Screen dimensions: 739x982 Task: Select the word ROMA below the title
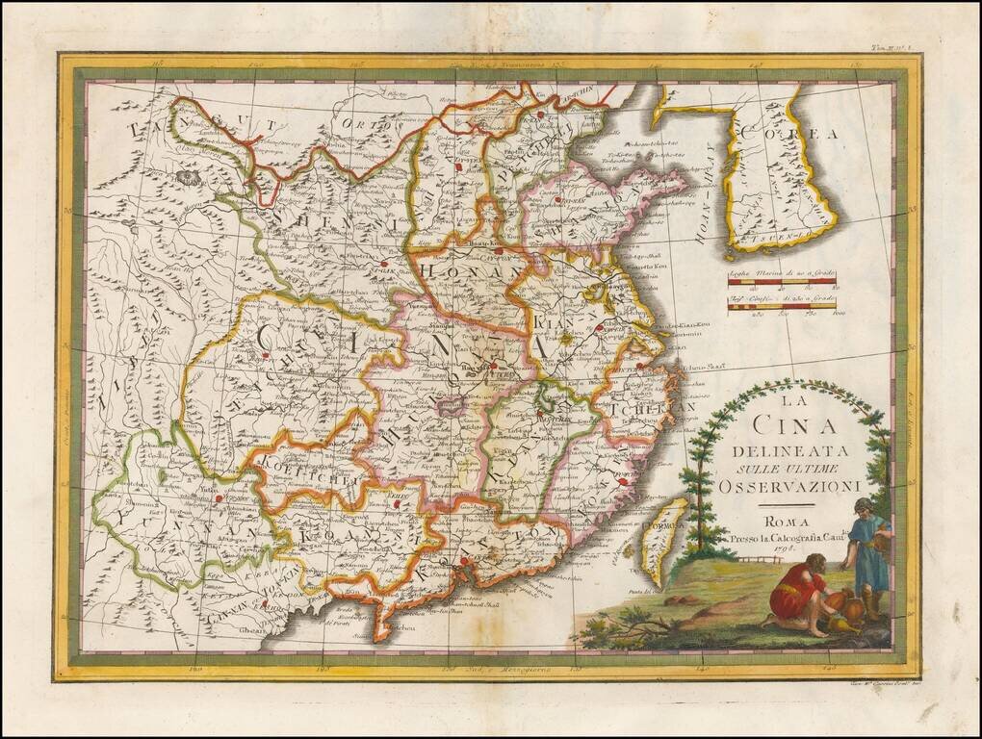783,522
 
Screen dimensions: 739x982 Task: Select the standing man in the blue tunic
869,553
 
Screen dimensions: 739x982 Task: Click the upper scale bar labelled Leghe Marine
781,281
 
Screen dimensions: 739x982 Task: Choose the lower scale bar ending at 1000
781,306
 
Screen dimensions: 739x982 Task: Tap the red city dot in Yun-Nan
220,498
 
